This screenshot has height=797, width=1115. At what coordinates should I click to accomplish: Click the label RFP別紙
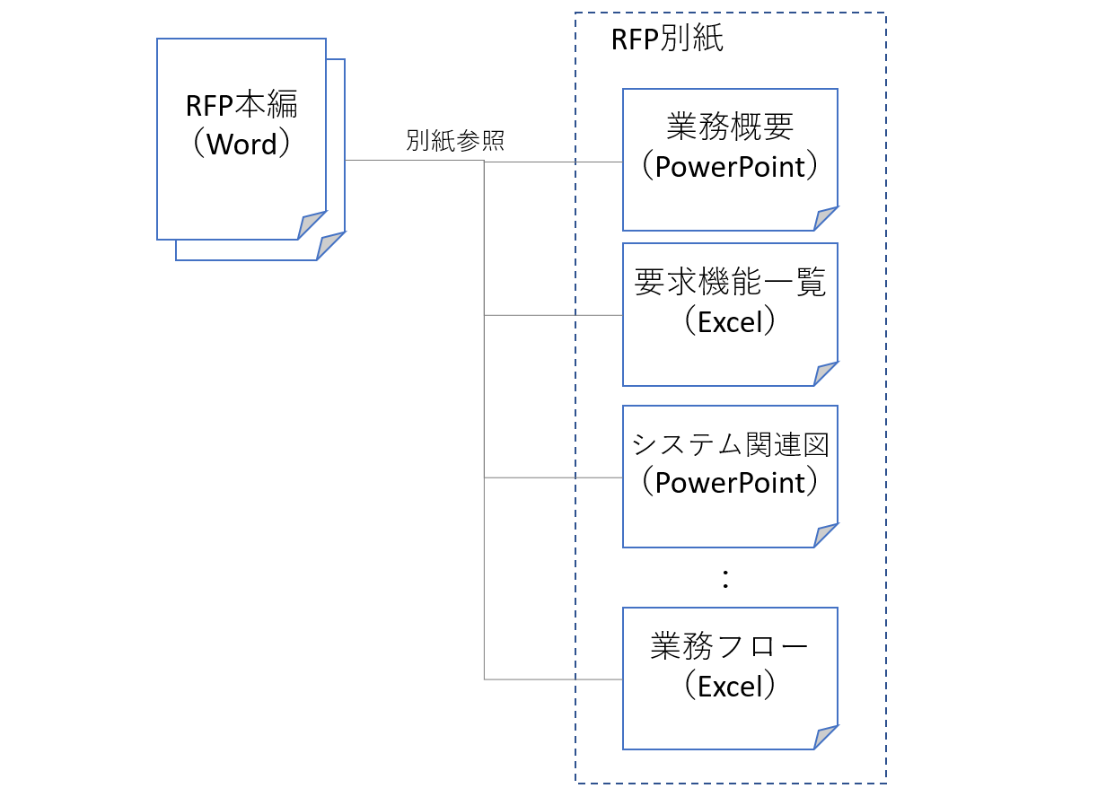[667, 39]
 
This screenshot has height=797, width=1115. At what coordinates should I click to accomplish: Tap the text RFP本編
[241, 104]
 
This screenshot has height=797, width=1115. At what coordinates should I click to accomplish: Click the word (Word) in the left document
[241, 144]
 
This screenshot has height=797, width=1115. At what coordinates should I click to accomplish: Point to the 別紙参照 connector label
[455, 140]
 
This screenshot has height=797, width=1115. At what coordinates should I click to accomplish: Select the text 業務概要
[730, 127]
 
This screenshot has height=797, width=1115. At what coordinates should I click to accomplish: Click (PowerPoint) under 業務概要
[730, 166]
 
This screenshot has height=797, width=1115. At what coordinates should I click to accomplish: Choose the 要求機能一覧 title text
[730, 282]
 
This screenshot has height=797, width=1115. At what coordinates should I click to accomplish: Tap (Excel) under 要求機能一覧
[730, 321]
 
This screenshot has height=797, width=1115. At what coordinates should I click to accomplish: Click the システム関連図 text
[730, 444]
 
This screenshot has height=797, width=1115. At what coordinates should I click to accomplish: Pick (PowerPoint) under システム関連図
[730, 482]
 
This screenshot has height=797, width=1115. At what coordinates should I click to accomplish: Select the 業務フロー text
[729, 646]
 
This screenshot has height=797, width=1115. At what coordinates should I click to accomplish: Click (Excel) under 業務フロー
[730, 686]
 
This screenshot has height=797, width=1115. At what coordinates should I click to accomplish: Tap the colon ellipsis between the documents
[725, 579]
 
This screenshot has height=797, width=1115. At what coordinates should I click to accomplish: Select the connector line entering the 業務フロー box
[554, 679]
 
